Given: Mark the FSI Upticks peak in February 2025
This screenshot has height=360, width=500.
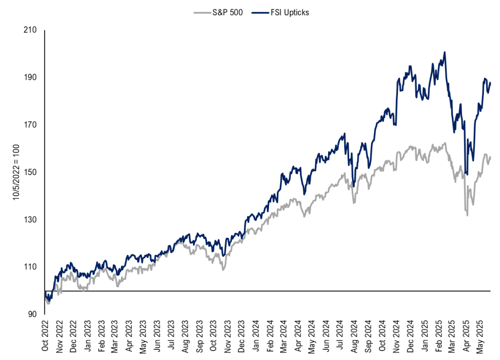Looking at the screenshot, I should pyautogui.click(x=444, y=52).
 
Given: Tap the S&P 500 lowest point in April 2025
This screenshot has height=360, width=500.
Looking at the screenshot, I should pyautogui.click(x=467, y=216).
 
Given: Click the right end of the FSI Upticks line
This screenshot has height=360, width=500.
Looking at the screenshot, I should pyautogui.click(x=490, y=82).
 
